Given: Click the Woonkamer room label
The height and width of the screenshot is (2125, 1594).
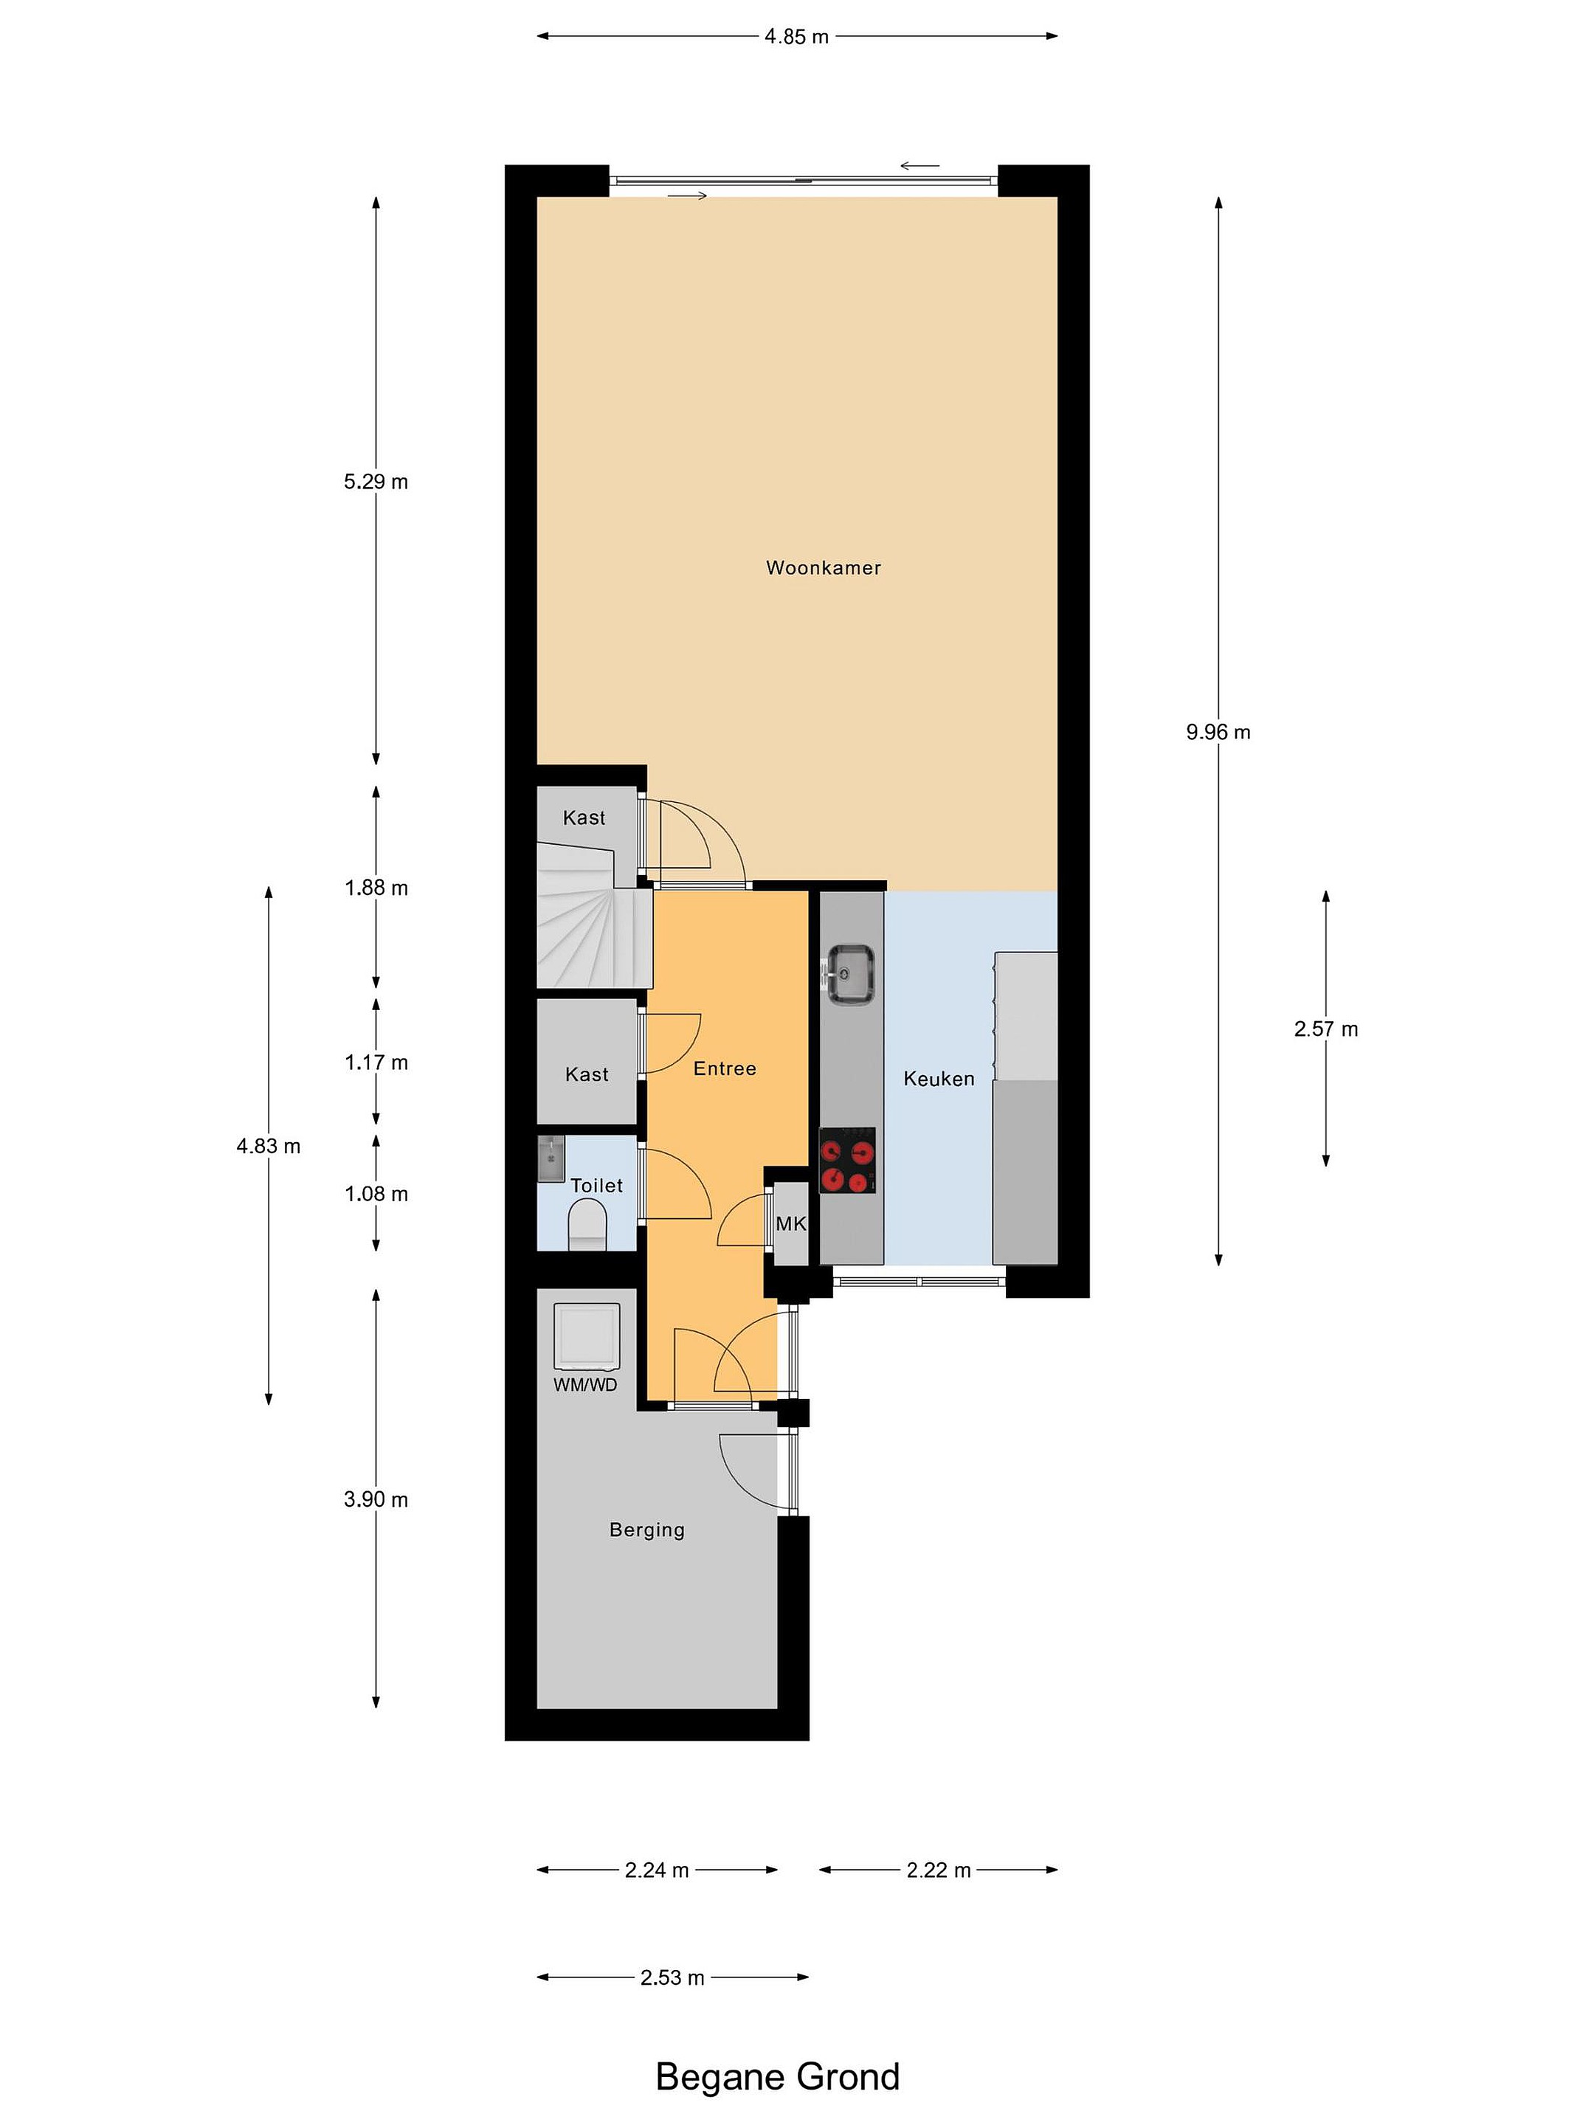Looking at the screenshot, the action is tap(823, 567).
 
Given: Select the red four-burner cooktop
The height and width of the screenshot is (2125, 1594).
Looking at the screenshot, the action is tap(846, 1160).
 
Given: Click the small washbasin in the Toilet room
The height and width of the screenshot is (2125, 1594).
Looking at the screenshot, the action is tap(551, 1158).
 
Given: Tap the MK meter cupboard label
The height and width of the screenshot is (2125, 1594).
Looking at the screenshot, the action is tap(791, 1224).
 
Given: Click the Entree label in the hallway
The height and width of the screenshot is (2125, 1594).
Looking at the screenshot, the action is tap(725, 1068).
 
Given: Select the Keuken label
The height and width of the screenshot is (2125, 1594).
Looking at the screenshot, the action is tap(939, 1079).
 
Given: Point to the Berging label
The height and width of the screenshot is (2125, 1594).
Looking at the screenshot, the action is tap(646, 1530).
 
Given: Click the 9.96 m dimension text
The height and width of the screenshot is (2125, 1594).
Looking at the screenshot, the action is tap(1218, 732).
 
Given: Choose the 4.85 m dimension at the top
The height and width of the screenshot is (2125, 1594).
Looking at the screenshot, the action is tap(796, 36).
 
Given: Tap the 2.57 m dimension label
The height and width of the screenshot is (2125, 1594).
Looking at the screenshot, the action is tap(1326, 1029).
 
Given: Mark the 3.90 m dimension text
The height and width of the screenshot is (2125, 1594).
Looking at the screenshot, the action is tap(376, 1499).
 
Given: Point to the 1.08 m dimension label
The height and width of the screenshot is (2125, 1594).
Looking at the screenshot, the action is tap(376, 1193).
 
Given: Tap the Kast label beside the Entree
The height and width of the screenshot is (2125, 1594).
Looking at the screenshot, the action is tap(586, 1074).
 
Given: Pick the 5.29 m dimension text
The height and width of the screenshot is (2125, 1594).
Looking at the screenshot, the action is tap(376, 481).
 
